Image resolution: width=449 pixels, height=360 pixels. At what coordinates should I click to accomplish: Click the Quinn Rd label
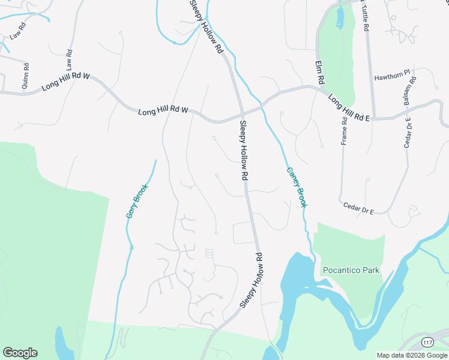click(x=25, y=80)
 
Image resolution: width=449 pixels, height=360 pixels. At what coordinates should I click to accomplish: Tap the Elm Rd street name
click(x=321, y=71)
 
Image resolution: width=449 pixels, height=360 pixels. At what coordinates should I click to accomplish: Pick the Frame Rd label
click(x=345, y=131)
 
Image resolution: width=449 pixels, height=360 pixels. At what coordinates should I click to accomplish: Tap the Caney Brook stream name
click(x=297, y=187)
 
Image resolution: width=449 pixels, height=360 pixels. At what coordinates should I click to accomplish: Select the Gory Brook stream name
click(x=136, y=200)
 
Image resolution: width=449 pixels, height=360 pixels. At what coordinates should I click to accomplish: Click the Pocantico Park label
click(x=351, y=270)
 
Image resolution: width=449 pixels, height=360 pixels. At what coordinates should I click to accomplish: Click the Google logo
click(x=20, y=353)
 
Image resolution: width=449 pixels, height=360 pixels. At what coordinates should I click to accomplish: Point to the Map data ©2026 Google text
click(x=412, y=355)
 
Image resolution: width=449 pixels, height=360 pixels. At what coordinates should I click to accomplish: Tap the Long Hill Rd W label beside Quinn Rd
click(x=65, y=83)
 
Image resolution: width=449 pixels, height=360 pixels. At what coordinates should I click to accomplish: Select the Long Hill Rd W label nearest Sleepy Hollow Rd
click(x=163, y=111)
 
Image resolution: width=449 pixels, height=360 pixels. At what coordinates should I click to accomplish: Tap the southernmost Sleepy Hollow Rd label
click(x=252, y=281)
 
